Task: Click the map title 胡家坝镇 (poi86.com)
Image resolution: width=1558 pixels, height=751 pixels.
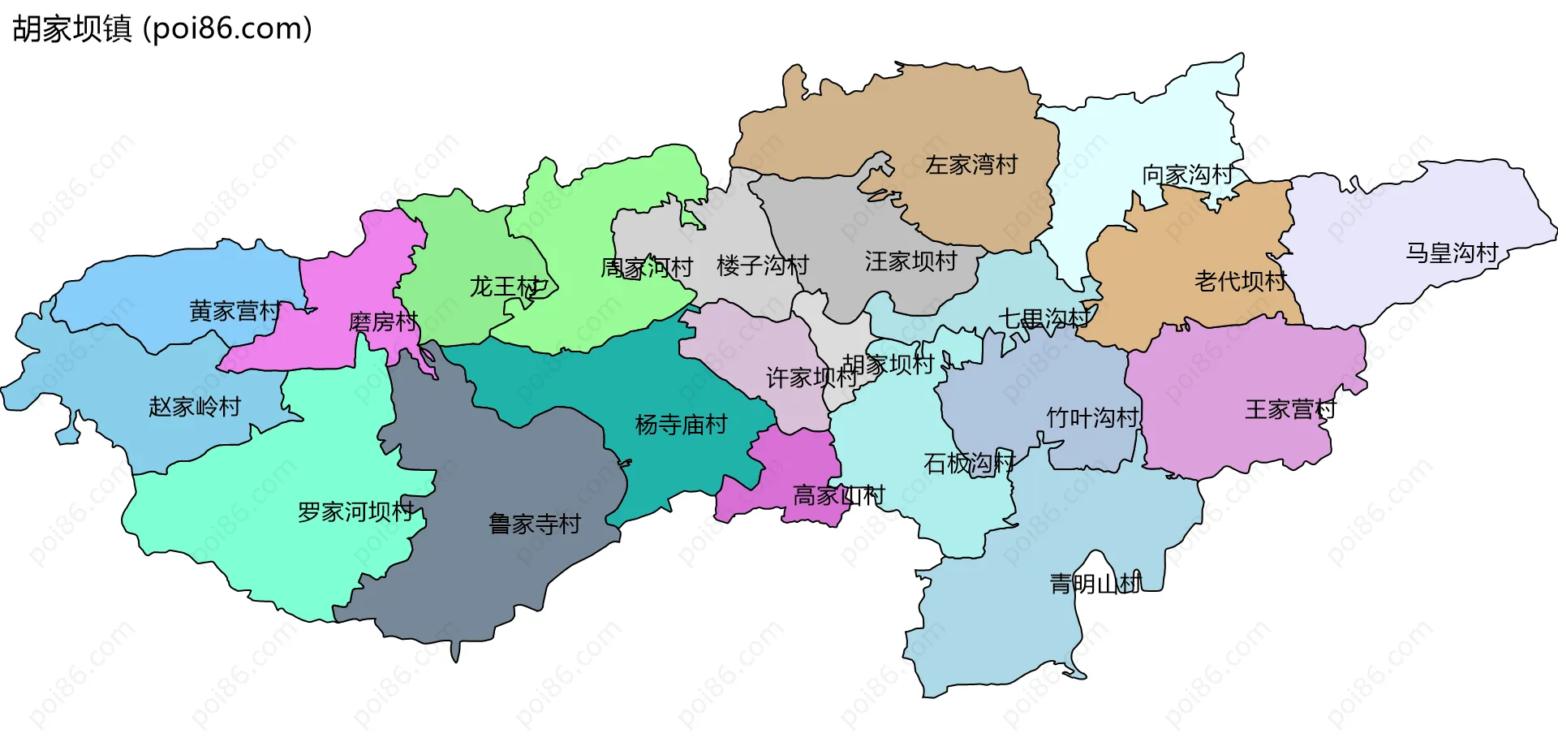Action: (162, 29)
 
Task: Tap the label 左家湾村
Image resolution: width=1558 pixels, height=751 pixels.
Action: (971, 165)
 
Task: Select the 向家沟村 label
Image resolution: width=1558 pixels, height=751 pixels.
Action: (1188, 175)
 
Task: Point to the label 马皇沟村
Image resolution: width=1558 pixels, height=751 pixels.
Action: (1452, 253)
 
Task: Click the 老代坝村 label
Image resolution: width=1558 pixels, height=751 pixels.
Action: (1241, 282)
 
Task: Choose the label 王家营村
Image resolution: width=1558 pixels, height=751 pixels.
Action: (1290, 409)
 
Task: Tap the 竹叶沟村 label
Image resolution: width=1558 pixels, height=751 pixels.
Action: (1092, 418)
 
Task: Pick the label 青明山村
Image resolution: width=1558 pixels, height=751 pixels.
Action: (1095, 584)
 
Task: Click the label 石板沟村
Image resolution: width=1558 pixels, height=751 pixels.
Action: (969, 464)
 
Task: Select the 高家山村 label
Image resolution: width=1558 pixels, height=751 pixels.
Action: (838, 495)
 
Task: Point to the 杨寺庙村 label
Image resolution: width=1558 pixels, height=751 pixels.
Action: (681, 425)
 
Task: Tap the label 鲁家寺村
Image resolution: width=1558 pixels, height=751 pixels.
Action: (535, 524)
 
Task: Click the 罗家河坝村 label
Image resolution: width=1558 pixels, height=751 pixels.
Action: (356, 512)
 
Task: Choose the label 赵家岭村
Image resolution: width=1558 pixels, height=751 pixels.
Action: (195, 407)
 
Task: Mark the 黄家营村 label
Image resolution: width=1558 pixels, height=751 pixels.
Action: (235, 311)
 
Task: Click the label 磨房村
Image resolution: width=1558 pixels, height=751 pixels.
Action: (383, 322)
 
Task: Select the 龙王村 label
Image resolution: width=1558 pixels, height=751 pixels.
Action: (505, 287)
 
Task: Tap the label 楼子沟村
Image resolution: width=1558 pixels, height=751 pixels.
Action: (763, 265)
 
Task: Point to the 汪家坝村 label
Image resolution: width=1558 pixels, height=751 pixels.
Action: (910, 261)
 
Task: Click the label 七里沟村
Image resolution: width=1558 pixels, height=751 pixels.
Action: (1043, 318)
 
